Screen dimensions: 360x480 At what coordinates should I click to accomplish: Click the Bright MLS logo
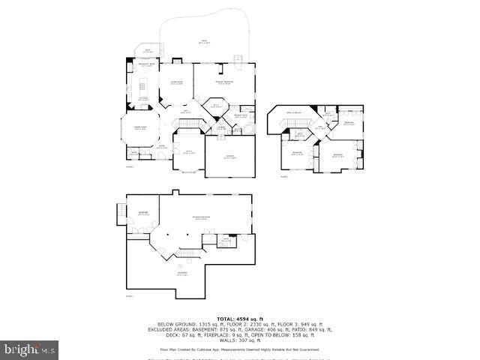[30, 349]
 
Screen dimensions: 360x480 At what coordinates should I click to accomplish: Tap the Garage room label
[229, 157]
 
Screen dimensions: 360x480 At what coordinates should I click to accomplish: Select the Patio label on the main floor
[203, 43]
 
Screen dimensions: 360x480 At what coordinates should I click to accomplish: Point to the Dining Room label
[139, 128]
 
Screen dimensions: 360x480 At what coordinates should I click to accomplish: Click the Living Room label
[177, 82]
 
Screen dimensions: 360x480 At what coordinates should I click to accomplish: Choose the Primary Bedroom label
[223, 82]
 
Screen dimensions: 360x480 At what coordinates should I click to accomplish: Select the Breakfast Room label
[146, 67]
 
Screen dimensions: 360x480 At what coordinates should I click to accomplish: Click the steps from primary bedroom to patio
[239, 58]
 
